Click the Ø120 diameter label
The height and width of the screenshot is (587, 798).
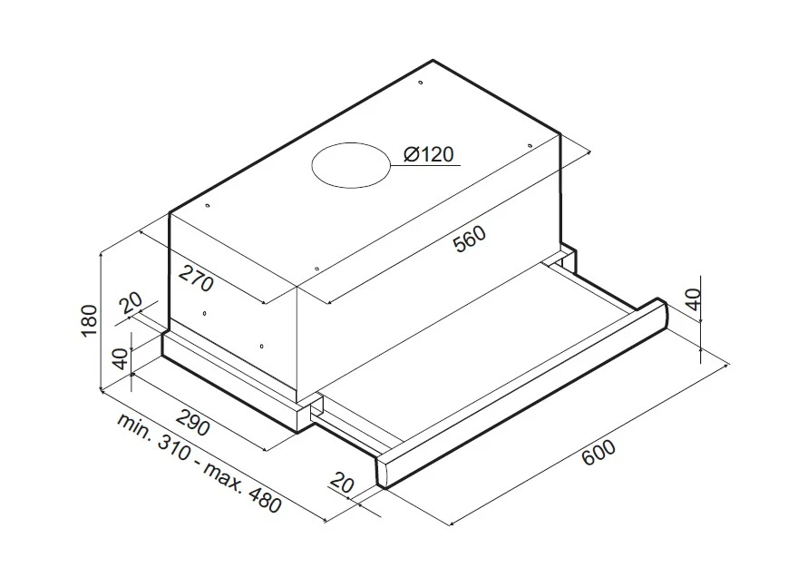[428, 153]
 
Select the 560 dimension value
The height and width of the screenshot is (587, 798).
[470, 239]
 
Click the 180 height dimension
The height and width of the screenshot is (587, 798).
[89, 320]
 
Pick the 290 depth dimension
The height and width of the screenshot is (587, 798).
[193, 420]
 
